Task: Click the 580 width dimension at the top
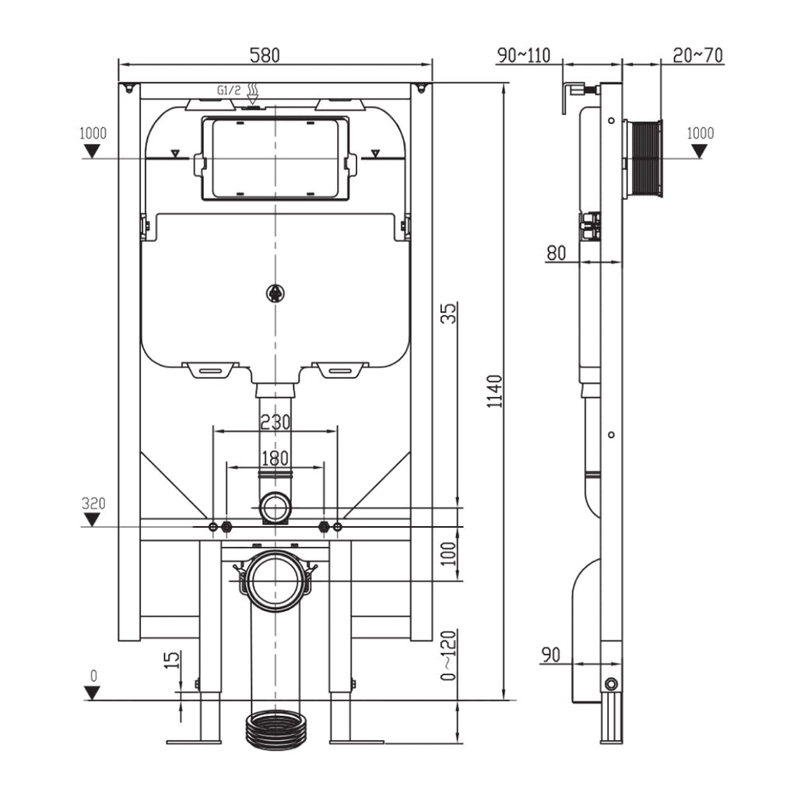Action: [x=265, y=55]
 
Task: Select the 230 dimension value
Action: [x=275, y=422]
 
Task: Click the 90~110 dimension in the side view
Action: [x=523, y=55]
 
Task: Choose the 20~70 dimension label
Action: [x=697, y=55]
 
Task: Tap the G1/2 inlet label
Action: [x=229, y=91]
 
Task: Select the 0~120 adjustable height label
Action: [x=448, y=655]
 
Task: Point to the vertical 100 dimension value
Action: [x=448, y=553]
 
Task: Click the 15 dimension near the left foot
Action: [x=173, y=660]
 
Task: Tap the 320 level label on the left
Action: [x=93, y=503]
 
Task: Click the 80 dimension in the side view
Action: [x=556, y=252]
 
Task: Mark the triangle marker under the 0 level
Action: [x=93, y=693]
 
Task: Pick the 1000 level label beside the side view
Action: [x=700, y=133]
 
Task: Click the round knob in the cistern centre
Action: [x=275, y=293]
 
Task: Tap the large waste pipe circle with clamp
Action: [x=275, y=581]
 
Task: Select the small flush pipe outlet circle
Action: [x=275, y=507]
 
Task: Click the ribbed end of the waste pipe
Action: [x=275, y=729]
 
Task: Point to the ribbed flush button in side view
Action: [x=646, y=159]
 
